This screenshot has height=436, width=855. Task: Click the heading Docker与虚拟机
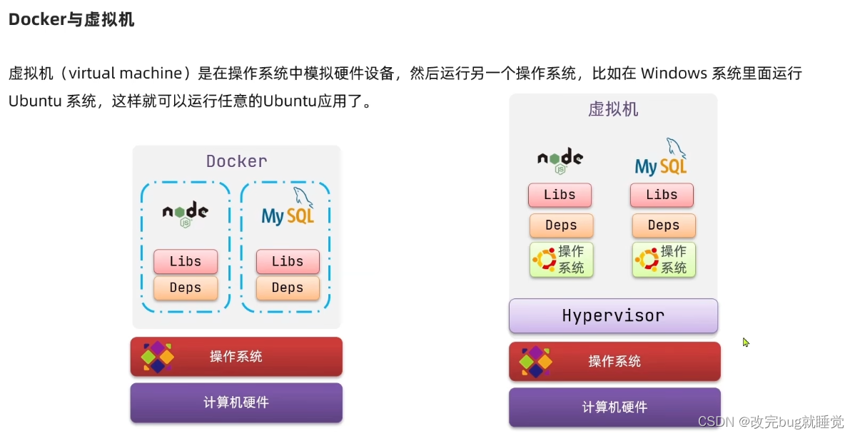coord(71,20)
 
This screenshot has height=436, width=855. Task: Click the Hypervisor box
coord(613,315)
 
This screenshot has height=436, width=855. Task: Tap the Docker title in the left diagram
coord(236,161)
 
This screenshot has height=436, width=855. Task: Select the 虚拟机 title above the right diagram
coord(613,109)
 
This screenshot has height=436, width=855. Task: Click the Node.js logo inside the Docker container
coord(185,213)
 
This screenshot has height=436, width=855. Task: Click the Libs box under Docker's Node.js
coord(186,262)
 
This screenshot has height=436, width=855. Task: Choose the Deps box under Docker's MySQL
coord(288,288)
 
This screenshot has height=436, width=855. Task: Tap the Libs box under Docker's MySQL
coord(288,262)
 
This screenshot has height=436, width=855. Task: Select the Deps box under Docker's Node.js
coord(186,288)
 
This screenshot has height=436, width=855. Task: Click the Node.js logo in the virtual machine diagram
coord(560,160)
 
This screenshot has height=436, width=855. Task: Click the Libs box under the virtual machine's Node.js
coord(560,195)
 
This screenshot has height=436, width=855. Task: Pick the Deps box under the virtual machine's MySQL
coord(664,225)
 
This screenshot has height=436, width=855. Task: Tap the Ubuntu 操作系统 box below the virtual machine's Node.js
coord(562,260)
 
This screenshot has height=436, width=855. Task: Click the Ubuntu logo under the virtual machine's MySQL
coord(647,260)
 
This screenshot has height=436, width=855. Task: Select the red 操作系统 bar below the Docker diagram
coord(236,357)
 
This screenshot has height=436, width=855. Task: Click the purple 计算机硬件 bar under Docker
coord(236,402)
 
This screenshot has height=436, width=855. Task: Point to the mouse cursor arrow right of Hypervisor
coord(745,342)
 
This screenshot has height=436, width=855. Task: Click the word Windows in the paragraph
coord(674,73)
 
